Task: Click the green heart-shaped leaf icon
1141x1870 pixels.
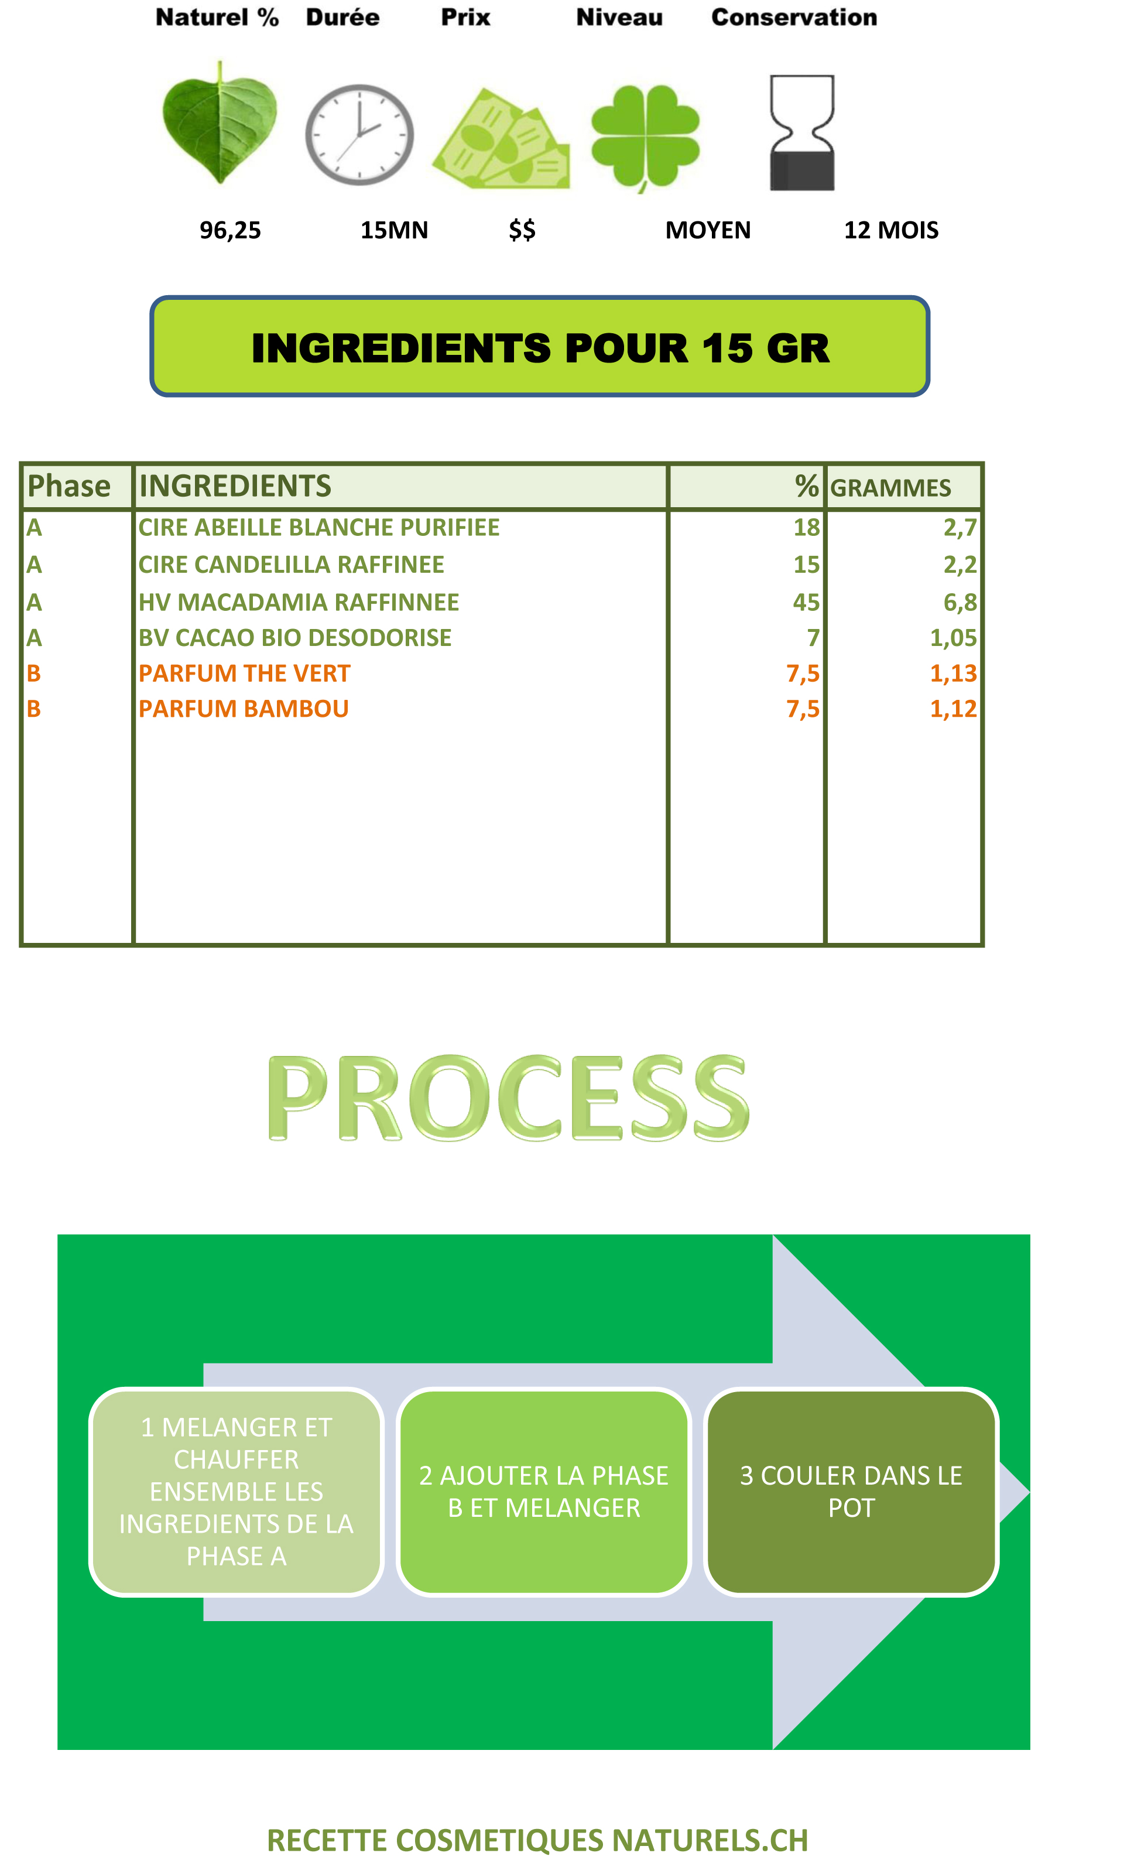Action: tap(220, 123)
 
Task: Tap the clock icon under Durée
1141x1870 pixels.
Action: tap(359, 135)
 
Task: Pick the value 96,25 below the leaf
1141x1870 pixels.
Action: tap(230, 230)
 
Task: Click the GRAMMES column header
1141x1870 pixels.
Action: tap(890, 487)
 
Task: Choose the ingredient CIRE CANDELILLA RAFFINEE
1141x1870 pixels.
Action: tap(292, 565)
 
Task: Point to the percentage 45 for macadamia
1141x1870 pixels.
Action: tap(807, 603)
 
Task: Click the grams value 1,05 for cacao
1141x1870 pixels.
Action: tap(954, 638)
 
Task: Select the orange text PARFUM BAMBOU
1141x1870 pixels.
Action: tap(244, 709)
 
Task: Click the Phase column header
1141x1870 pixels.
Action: tap(69, 486)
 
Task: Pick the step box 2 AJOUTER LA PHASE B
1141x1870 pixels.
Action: tap(544, 1492)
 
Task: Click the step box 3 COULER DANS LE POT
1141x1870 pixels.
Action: tap(851, 1492)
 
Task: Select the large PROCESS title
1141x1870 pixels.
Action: tap(508, 1098)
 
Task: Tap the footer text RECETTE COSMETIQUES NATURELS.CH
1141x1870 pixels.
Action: tap(538, 1840)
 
